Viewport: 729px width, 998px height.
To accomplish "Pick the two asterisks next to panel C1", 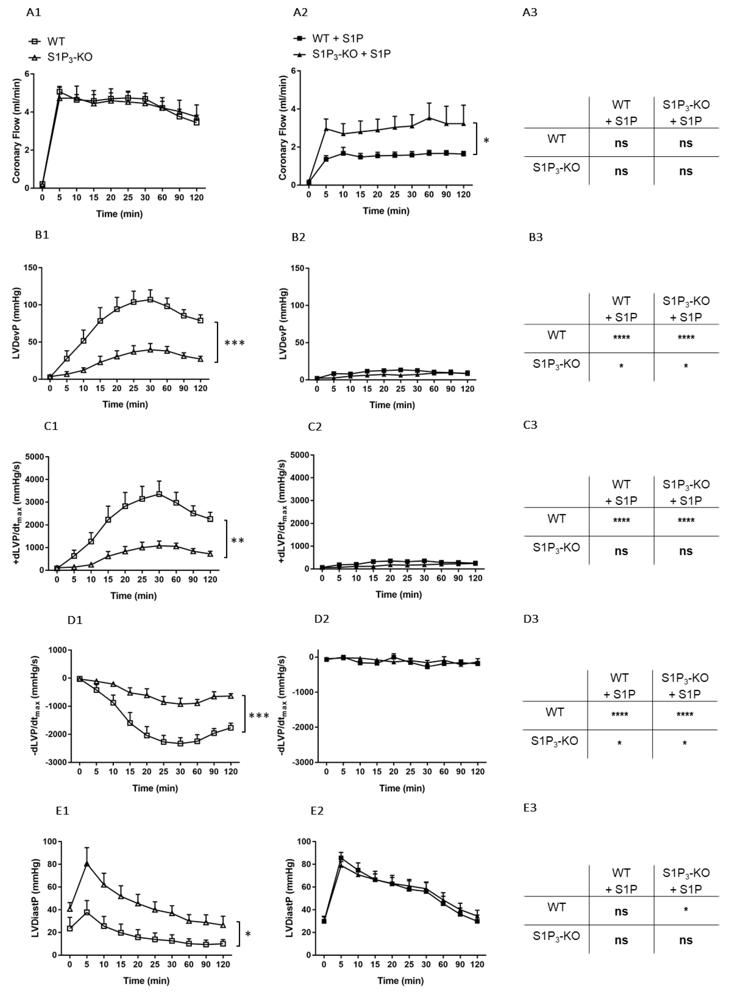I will click(x=237, y=540).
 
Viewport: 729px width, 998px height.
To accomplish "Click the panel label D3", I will click(x=531, y=619).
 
